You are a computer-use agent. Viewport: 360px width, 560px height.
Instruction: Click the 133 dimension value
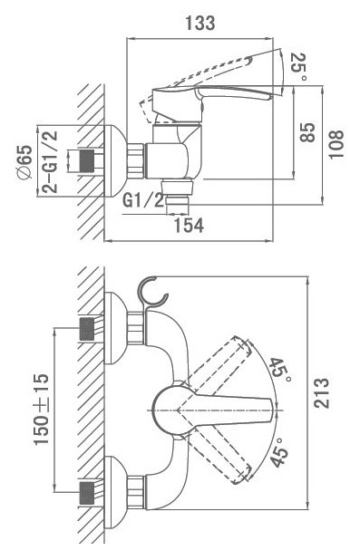coord(199,23)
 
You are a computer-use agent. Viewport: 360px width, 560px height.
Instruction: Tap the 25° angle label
coord(298,67)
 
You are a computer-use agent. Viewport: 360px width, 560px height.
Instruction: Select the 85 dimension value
coord(307,132)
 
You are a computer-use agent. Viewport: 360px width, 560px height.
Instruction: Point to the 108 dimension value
coord(336,144)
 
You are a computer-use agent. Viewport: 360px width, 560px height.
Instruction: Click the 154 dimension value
coord(189,226)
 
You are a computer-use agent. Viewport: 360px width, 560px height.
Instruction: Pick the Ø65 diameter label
coord(24,162)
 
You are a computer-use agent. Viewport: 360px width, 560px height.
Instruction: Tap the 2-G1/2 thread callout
coord(50,162)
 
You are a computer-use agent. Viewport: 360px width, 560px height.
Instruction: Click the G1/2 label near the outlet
coord(143,201)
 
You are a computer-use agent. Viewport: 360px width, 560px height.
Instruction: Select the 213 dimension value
coord(321,393)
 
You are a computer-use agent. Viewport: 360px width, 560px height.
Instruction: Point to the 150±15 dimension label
coord(42,410)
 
